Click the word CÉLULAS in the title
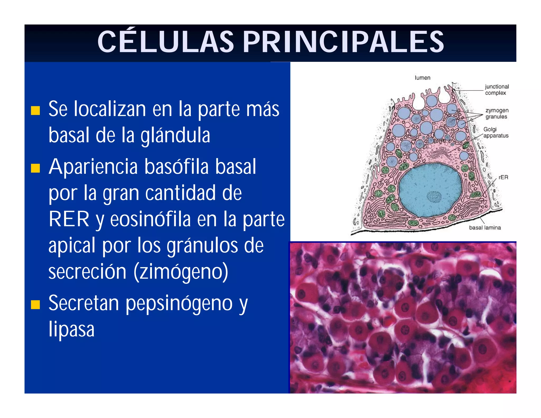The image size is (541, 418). [x=166, y=42]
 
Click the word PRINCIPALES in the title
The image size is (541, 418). [x=343, y=42]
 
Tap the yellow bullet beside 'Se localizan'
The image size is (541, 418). [x=35, y=110]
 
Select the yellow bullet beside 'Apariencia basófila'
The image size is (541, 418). [x=35, y=168]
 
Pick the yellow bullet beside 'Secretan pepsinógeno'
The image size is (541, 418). [x=35, y=304]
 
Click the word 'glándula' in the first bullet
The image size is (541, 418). [x=175, y=135]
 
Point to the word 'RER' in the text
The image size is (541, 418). [x=69, y=219]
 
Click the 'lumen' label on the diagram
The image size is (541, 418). [x=422, y=78]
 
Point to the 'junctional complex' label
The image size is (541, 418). [x=497, y=90]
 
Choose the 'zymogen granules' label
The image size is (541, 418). [x=497, y=113]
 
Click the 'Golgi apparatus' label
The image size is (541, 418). [x=496, y=132]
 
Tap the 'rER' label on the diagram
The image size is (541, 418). [x=503, y=177]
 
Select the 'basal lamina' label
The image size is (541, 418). [x=485, y=227]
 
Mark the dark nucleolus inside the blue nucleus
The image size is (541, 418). [x=434, y=197]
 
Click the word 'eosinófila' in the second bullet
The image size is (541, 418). [x=150, y=219]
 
